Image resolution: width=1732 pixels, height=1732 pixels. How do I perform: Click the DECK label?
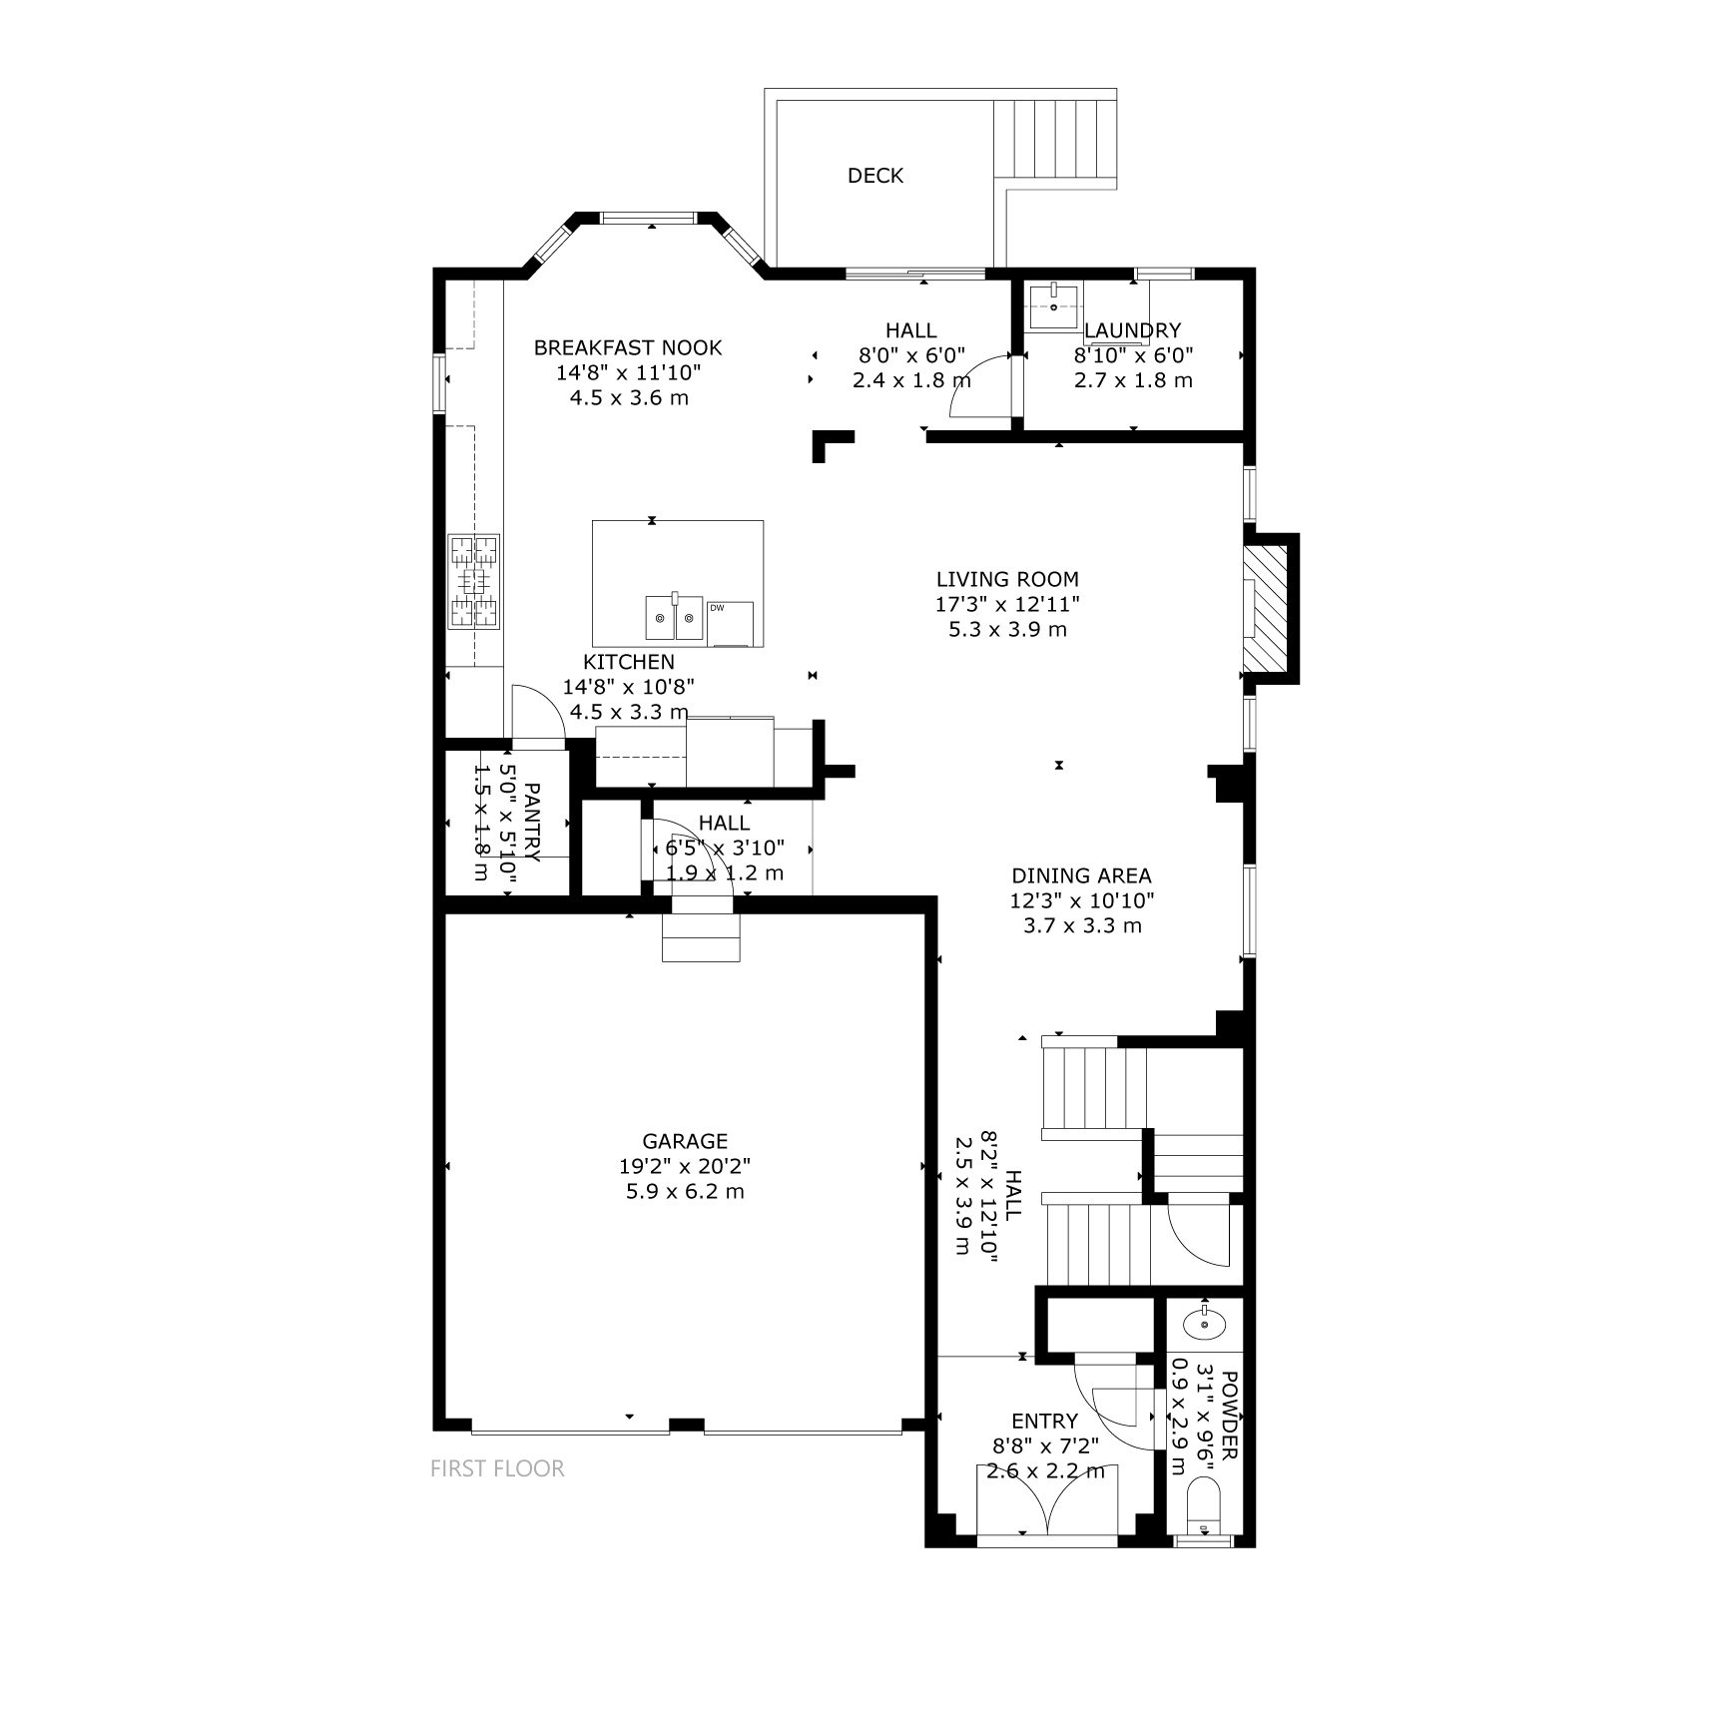(x=875, y=176)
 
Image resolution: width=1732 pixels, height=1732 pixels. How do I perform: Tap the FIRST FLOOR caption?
(x=497, y=1468)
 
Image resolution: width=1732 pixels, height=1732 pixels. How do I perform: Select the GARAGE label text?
(x=685, y=1141)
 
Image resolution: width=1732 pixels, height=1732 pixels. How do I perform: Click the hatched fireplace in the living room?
(x=1269, y=608)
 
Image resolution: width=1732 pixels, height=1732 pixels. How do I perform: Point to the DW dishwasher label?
(x=717, y=607)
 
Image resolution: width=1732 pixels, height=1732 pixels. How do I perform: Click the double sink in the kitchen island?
(x=674, y=618)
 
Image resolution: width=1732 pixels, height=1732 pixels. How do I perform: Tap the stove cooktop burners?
(x=473, y=582)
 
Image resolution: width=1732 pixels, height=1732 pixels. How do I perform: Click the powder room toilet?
(x=1204, y=1515)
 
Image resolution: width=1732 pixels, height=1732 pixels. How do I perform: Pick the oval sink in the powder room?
(x=1205, y=1324)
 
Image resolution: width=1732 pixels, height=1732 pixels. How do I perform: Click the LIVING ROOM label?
(x=1007, y=579)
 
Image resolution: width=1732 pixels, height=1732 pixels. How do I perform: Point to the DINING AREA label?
(x=1081, y=875)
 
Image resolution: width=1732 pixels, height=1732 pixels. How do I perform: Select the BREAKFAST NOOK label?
(x=628, y=347)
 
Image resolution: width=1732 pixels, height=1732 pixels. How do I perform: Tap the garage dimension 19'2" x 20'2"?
(x=684, y=1166)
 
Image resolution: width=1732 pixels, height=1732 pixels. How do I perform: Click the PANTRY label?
(x=532, y=823)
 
